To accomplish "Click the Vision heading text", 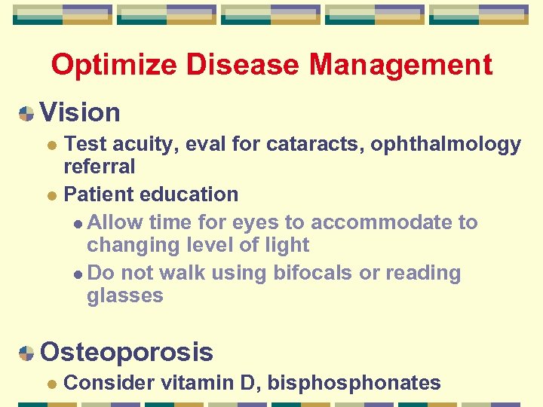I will [80, 112].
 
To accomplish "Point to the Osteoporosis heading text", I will [127, 351].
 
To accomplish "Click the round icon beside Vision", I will [26, 114].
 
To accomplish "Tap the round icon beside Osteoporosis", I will [26, 353].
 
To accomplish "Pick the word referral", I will [100, 166].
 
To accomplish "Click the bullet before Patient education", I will [51, 195].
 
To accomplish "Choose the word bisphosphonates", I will [354, 383].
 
